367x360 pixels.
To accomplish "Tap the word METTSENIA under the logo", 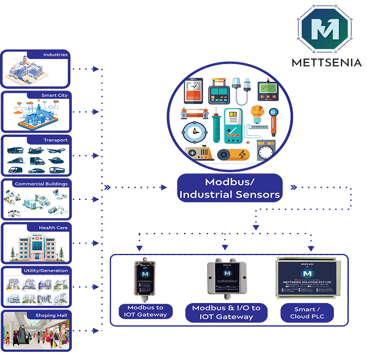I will pyautogui.click(x=326, y=62).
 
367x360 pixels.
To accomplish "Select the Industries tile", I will pyautogui.click(x=36, y=69).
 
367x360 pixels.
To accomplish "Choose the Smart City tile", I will pyautogui.click(x=36, y=112).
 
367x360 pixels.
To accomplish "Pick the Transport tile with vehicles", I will pyautogui.click(x=36, y=156).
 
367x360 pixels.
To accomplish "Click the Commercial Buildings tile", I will pyautogui.click(x=36, y=199).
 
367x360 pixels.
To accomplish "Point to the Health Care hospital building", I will pyautogui.click(x=36, y=246).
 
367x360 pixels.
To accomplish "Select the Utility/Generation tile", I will pyautogui.click(x=36, y=287).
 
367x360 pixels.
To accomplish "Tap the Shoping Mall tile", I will pyautogui.click(x=36, y=331).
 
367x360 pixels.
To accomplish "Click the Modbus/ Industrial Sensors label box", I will pyautogui.click(x=229, y=188).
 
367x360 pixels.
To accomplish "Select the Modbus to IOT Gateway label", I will pyautogui.click(x=145, y=311).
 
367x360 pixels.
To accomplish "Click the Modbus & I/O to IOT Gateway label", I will pyautogui.click(x=226, y=313).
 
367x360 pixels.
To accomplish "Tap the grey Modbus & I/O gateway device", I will pyautogui.click(x=227, y=278).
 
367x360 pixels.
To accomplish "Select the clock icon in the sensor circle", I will pyautogui.click(x=191, y=133).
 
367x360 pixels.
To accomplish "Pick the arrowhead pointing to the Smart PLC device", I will pyautogui.click(x=310, y=248).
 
